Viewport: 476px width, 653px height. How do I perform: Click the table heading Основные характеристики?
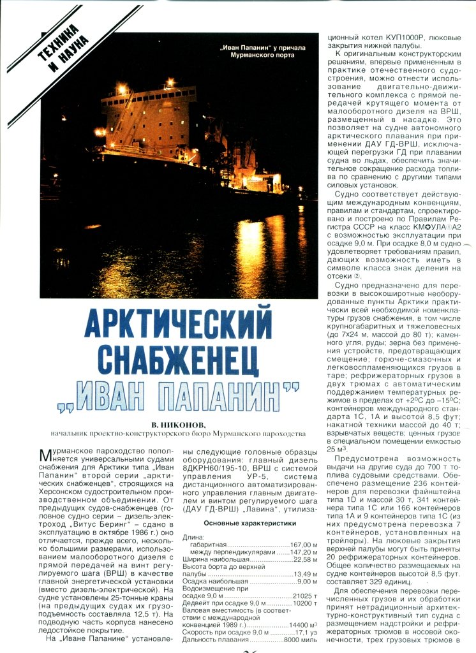point(249,524)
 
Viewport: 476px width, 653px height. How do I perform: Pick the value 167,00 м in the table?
point(304,545)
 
